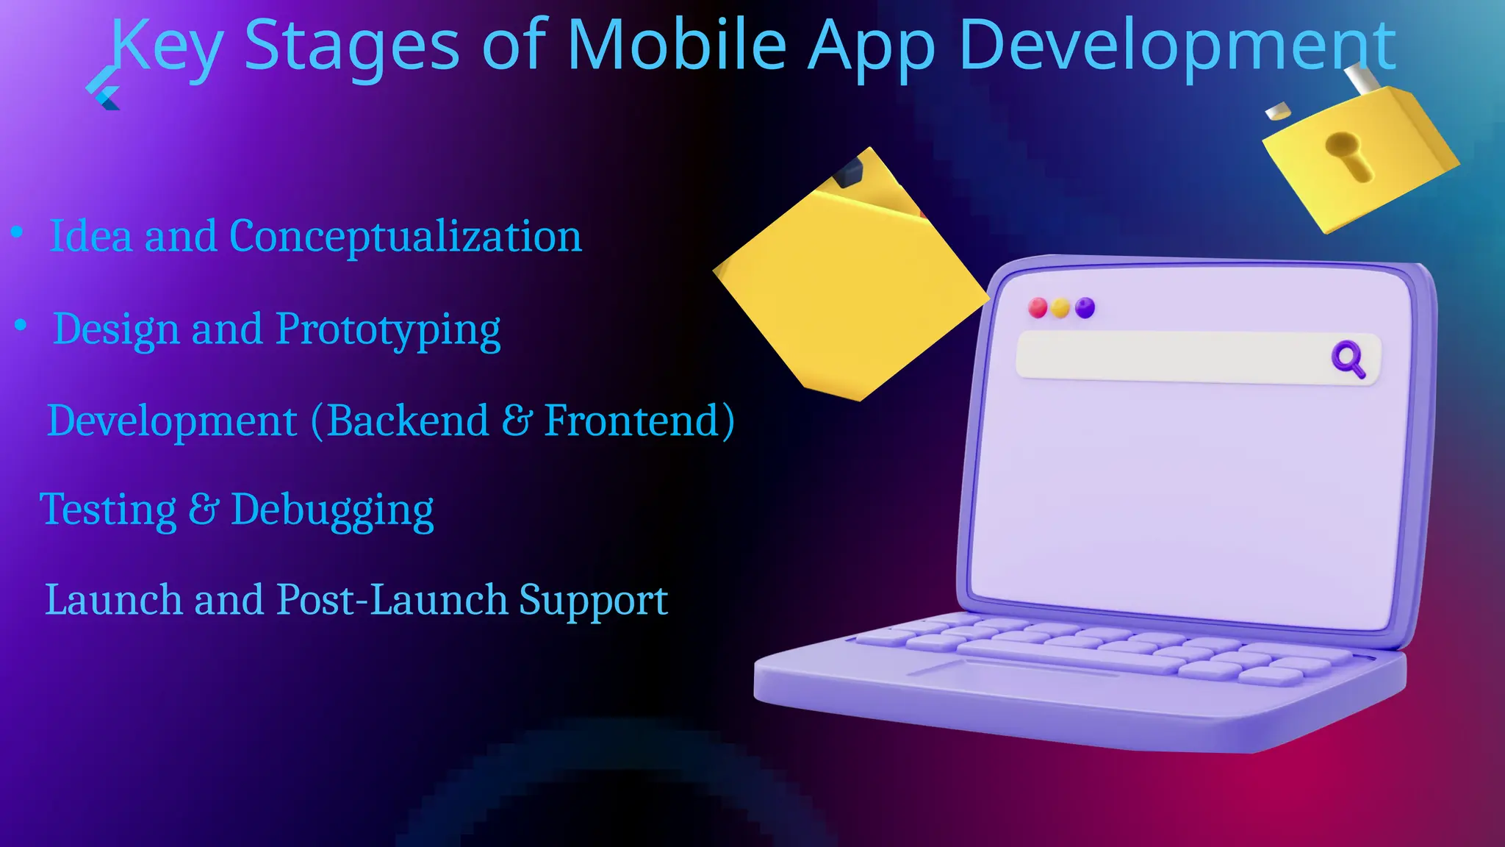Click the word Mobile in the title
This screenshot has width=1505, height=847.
tap(677, 46)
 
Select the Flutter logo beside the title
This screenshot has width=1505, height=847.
tap(104, 89)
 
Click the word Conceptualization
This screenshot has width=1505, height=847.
tap(405, 237)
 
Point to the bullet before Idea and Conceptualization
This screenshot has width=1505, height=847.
tap(17, 232)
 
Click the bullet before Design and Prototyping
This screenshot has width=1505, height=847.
tap(21, 324)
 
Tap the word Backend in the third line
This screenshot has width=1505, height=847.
tap(408, 421)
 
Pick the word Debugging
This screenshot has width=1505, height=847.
tap(332, 510)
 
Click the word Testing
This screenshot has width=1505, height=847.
tap(108, 510)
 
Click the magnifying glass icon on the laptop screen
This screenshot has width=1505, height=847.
tap(1348, 359)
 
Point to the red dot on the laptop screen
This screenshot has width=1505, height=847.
tap(1038, 307)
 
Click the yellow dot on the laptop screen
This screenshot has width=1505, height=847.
tap(1060, 307)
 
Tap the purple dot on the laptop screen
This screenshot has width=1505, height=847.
tap(1085, 307)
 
